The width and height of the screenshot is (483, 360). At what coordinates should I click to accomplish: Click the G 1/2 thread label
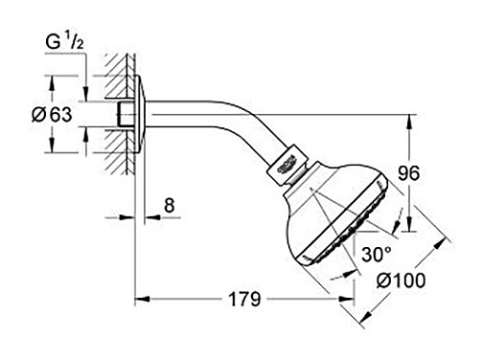coord(64,42)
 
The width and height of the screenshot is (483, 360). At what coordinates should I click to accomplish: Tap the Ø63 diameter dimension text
coord(52,114)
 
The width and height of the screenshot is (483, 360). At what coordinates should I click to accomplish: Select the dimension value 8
coord(170,205)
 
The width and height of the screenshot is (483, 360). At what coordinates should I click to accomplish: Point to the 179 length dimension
coord(244,299)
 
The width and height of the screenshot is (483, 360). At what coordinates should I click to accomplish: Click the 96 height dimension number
coord(408,173)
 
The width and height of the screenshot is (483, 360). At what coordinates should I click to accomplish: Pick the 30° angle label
coord(377,255)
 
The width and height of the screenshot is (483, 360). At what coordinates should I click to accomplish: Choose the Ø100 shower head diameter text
coord(401,281)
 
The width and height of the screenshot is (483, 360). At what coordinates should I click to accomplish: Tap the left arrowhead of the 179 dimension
coord(142,299)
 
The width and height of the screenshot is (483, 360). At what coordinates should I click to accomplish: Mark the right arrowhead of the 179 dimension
coord(346,299)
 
